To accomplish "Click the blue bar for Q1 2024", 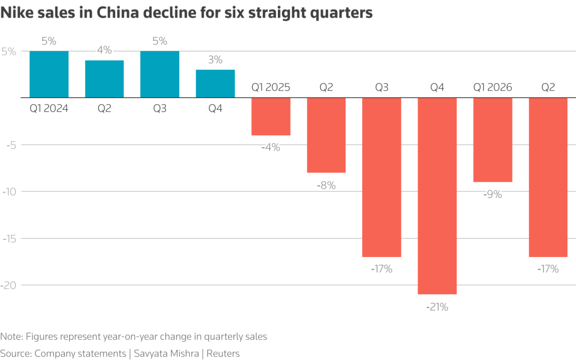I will (x=49, y=74).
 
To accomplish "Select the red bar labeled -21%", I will (x=437, y=196).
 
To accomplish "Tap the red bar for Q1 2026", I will (x=492, y=140).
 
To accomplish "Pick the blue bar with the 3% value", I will (x=215, y=84).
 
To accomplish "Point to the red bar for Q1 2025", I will (x=271, y=116).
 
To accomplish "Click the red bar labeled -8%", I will (x=326, y=135).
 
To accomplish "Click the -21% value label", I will (x=437, y=307).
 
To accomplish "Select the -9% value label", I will (x=492, y=195).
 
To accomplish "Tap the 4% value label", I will (x=105, y=50).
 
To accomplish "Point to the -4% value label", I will (x=271, y=148).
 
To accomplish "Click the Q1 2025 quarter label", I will (x=271, y=87).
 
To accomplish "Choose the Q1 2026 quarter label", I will (x=492, y=87).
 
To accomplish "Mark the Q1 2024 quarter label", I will (x=49, y=109).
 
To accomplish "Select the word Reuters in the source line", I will (x=223, y=353).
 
